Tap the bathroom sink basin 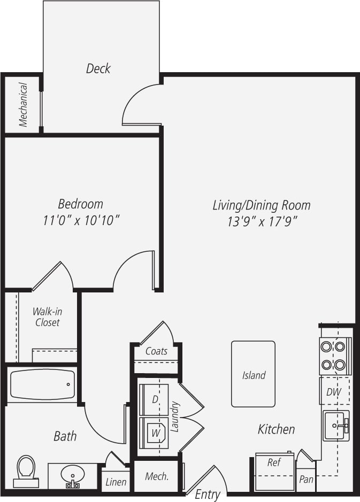[72, 475]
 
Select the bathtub [42, 384]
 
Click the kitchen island [253, 374]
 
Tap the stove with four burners [335, 356]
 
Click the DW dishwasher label [334, 392]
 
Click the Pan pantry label [306, 480]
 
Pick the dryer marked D [154, 399]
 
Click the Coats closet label [156, 351]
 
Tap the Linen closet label [116, 482]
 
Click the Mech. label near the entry [157, 476]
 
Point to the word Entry [207, 495]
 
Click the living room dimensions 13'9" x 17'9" [262, 221]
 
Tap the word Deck [98, 68]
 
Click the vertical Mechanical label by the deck [23, 104]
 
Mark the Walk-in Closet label [47, 317]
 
